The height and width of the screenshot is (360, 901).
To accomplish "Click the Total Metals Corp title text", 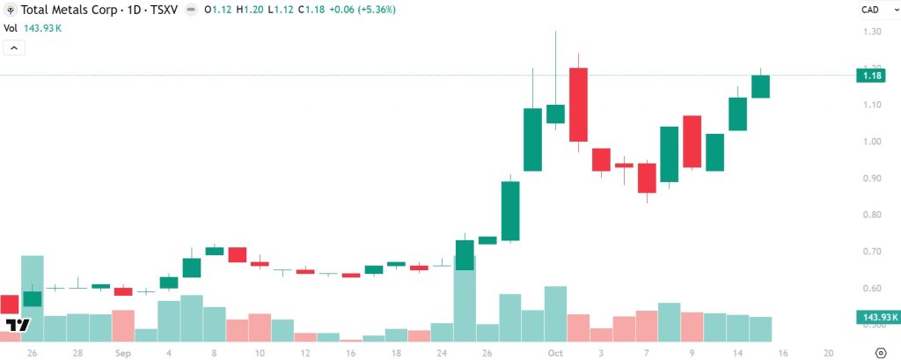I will pyautogui.click(x=65, y=10).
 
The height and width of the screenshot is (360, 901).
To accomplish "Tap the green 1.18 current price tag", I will pyautogui.click(x=872, y=76).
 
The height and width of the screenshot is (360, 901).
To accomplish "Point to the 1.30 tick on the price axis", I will pyautogui.click(x=871, y=32).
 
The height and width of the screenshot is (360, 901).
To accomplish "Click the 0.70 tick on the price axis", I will pyautogui.click(x=871, y=252).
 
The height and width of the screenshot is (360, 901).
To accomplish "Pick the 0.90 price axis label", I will pyautogui.click(x=871, y=179).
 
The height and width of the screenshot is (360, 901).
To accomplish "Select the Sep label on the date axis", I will pyautogui.click(x=122, y=352).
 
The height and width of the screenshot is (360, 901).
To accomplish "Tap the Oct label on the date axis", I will pyautogui.click(x=554, y=352).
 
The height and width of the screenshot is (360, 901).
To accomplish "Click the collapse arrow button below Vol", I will pyautogui.click(x=14, y=47).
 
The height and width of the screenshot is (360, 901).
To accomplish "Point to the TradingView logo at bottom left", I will pyautogui.click(x=18, y=325).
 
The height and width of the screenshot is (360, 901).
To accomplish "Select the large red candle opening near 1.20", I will pyautogui.click(x=578, y=104).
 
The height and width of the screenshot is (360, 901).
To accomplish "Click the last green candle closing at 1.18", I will pyautogui.click(x=760, y=86).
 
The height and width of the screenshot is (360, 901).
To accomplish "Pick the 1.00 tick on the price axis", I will pyautogui.click(x=871, y=142).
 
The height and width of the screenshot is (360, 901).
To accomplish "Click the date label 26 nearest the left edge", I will pyautogui.click(x=32, y=352).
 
